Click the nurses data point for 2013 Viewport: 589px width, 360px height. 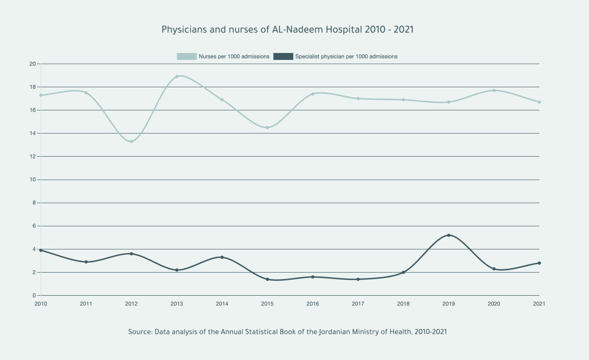pyautogui.click(x=177, y=77)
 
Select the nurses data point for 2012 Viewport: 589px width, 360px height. pyautogui.click(x=132, y=141)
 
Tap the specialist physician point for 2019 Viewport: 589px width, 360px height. pyautogui.click(x=449, y=235)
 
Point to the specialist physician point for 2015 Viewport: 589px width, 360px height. pyautogui.click(x=268, y=279)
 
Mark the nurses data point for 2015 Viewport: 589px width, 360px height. pyautogui.click(x=268, y=128)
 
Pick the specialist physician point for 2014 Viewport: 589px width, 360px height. pyautogui.click(x=222, y=257)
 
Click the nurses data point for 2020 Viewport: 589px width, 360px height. pyautogui.click(x=494, y=90)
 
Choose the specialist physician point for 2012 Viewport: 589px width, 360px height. pyautogui.click(x=132, y=254)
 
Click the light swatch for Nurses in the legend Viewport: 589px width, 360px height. pyautogui.click(x=187, y=56)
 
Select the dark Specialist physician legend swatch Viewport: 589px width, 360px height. pyautogui.click(x=283, y=56)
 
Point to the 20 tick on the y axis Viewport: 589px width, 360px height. pyautogui.click(x=32, y=64)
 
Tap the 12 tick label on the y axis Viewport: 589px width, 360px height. pyautogui.click(x=32, y=157)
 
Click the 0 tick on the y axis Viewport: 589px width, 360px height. pyautogui.click(x=34, y=296)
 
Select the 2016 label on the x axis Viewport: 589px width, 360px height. pyautogui.click(x=313, y=304)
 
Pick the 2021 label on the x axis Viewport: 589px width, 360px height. pyautogui.click(x=538, y=304)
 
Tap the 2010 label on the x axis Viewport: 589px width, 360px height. pyautogui.click(x=41, y=304)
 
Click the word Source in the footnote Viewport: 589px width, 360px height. pyautogui.click(x=139, y=332)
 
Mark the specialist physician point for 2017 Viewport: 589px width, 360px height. pyautogui.click(x=358, y=279)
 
